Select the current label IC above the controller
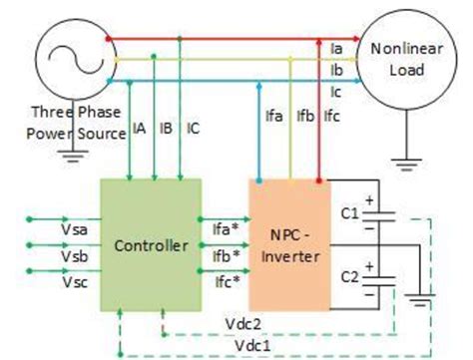(x=193, y=129)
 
